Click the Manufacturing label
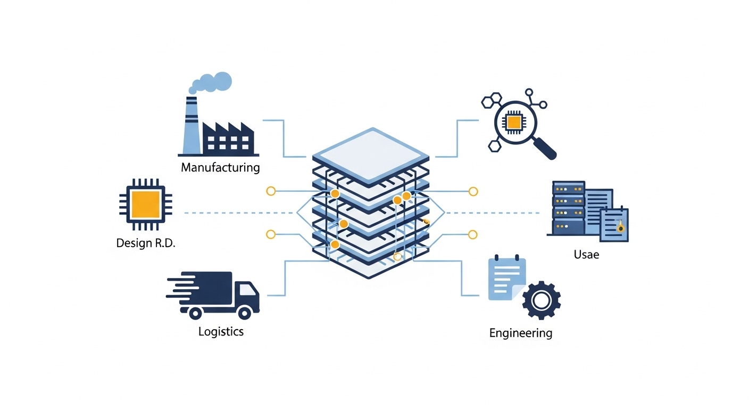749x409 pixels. pyautogui.click(x=220, y=168)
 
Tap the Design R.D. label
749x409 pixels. pyautogui.click(x=146, y=244)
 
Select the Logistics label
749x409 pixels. pyautogui.click(x=221, y=331)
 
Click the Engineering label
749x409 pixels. pyautogui.click(x=521, y=333)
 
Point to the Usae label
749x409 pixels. pyautogui.click(x=586, y=255)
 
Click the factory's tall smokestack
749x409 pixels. pyautogui.click(x=191, y=125)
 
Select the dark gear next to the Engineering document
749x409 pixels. pyautogui.click(x=541, y=301)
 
